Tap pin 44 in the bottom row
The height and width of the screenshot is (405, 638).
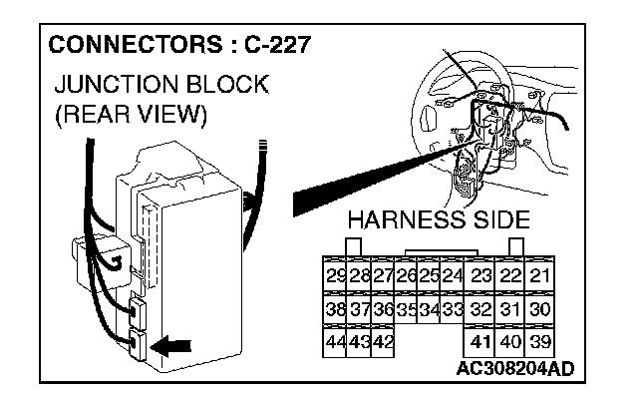pyautogui.click(x=336, y=341)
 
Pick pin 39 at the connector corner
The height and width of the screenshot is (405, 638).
pyautogui.click(x=541, y=341)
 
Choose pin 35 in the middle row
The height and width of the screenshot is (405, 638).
pyautogui.click(x=407, y=309)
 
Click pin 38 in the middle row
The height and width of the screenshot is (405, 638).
pyautogui.click(x=336, y=309)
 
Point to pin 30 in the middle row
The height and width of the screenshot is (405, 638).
pyautogui.click(x=541, y=309)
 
